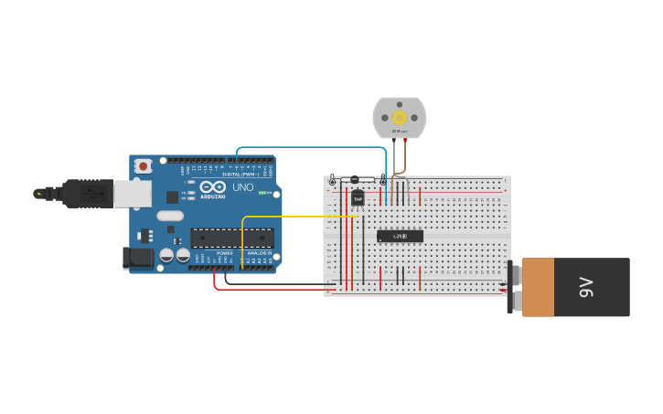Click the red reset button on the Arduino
tap(143, 166)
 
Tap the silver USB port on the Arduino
tap(132, 193)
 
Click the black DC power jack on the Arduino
tap(138, 258)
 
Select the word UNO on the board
tap(243, 187)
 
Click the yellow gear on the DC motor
tap(399, 117)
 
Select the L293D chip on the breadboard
tap(400, 236)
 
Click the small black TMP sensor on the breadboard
tap(358, 196)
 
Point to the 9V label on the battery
tap(586, 287)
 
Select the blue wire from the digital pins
tap(311, 147)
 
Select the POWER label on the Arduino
tap(224, 253)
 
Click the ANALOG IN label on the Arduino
tap(258, 253)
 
